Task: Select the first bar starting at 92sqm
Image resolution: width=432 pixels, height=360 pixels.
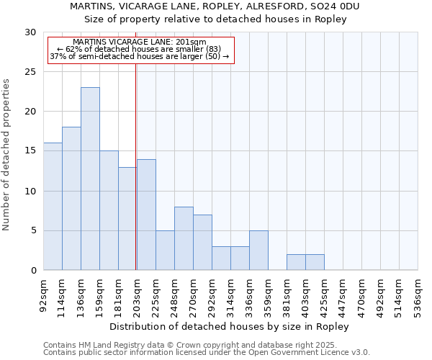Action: (x=53, y=207)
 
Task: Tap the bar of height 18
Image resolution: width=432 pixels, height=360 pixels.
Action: (x=71, y=199)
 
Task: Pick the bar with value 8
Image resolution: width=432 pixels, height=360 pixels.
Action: (x=184, y=238)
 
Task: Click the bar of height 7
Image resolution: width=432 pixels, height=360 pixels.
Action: (x=202, y=243)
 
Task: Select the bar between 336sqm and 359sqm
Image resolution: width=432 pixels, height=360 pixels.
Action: (x=258, y=251)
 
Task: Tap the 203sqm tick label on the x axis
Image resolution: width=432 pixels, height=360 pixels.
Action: (x=138, y=294)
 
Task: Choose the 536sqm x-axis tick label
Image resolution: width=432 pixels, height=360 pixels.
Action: (x=418, y=294)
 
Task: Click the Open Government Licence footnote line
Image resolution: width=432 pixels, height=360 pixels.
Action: (x=207, y=352)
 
